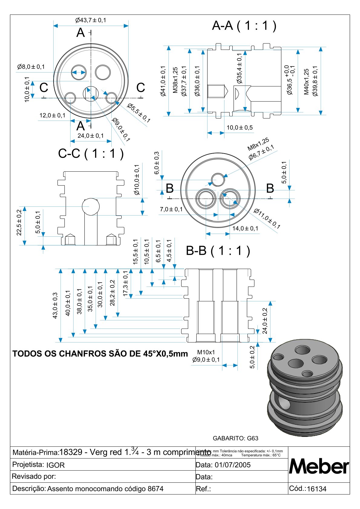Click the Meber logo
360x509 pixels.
coord(319,466)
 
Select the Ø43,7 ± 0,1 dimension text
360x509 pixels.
coord(91,20)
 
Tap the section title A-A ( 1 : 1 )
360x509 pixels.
coord(244,26)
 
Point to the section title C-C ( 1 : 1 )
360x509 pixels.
coord(91,154)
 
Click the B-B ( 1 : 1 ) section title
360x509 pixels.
coord(218,251)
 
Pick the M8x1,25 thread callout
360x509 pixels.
coord(258,144)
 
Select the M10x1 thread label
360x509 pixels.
coord(206,352)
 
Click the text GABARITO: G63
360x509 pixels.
coord(235,438)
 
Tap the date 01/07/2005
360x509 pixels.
coord(233,465)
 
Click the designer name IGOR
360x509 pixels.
coord(55,465)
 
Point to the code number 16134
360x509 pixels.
coord(316,489)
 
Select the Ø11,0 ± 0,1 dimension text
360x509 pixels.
coord(267,219)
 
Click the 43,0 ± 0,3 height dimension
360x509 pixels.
coord(55,305)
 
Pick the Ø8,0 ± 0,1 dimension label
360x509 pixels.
coord(31,67)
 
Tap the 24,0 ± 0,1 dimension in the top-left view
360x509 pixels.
coord(90,136)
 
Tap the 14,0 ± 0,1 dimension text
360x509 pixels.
coord(245,229)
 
